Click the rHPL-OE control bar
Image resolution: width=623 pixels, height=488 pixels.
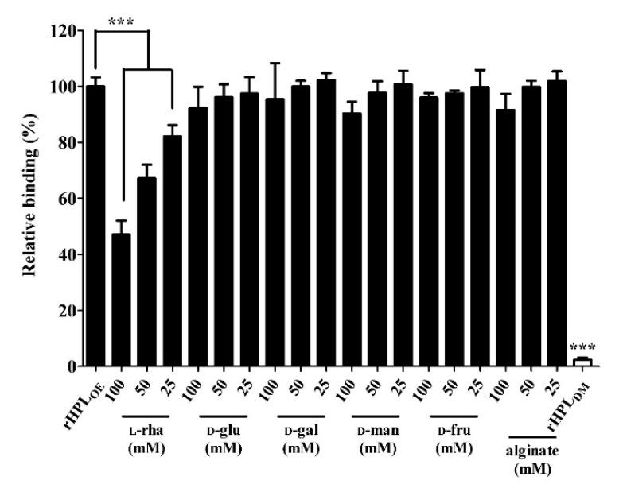coord(95,227)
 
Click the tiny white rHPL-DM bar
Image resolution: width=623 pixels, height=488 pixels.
coord(582,362)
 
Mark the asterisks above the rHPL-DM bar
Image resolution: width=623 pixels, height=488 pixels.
coord(583,347)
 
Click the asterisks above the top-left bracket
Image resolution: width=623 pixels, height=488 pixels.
coord(122,21)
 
